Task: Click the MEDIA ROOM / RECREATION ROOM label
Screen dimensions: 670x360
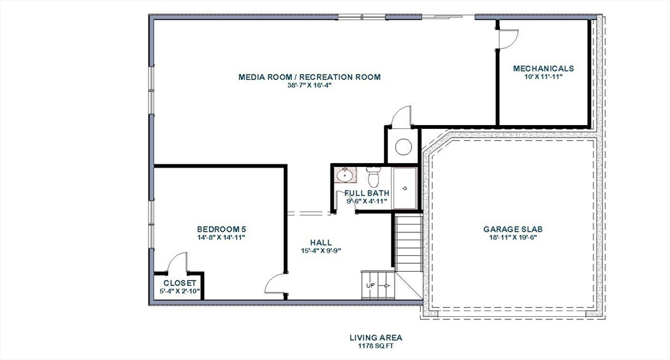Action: tap(309, 77)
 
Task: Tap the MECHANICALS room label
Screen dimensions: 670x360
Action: tap(543, 69)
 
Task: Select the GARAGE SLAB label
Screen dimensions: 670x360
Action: tap(513, 229)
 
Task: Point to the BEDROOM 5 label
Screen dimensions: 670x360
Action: tap(221, 228)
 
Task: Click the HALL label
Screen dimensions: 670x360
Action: tap(321, 243)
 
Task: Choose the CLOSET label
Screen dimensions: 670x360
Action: tap(180, 283)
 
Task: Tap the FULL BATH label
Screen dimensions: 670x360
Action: tap(367, 193)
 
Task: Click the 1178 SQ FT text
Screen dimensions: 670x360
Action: tap(376, 346)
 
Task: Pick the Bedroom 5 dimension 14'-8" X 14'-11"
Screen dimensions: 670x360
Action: tap(221, 238)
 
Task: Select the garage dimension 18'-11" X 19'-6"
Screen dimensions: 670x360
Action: tap(513, 238)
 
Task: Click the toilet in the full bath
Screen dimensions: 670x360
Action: tap(374, 176)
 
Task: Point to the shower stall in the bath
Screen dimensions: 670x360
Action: tap(404, 188)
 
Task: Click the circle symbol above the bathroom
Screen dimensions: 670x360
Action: tap(403, 147)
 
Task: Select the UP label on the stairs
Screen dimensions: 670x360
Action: tap(370, 285)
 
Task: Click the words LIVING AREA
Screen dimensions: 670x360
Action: tap(376, 338)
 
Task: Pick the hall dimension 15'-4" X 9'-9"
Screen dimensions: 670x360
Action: tap(321, 251)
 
